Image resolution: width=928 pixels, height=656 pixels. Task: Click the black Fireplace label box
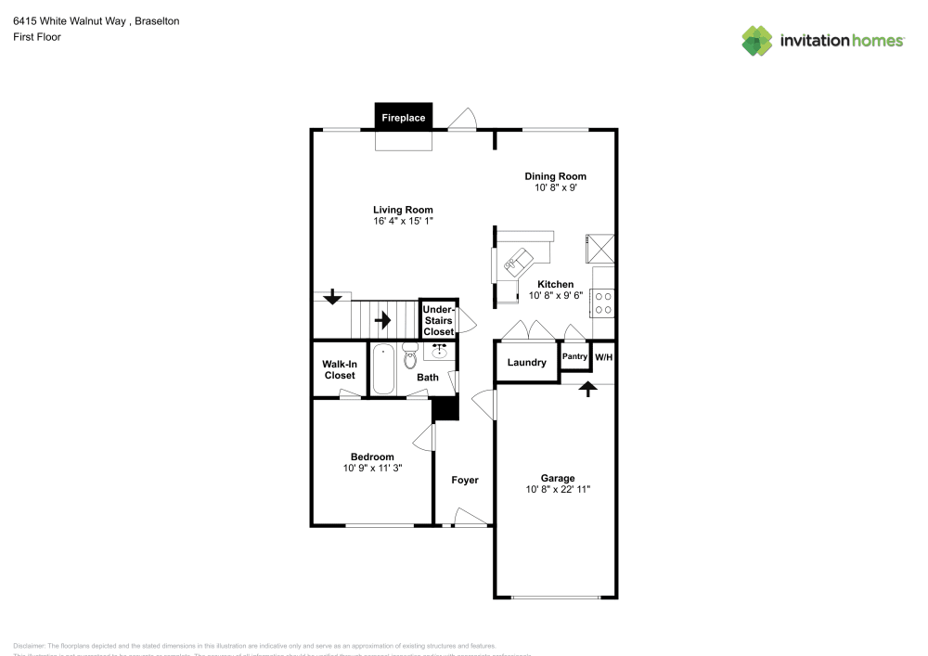tap(404, 118)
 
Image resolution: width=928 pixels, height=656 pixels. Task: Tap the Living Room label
tap(403, 210)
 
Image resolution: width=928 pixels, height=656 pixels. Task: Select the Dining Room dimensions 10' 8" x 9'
tap(555, 187)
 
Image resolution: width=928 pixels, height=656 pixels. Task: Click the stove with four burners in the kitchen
tap(602, 302)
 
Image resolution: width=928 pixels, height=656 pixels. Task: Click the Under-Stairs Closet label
tap(439, 320)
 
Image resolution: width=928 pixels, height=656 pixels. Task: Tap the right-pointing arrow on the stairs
tap(381, 321)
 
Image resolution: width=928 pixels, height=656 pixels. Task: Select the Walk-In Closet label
tap(339, 370)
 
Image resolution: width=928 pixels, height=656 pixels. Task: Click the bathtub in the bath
tap(383, 370)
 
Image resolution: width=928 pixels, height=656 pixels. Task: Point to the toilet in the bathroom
tap(410, 355)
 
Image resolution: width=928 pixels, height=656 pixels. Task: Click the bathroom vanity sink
tap(440, 352)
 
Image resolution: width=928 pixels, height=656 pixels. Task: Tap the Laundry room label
tap(526, 362)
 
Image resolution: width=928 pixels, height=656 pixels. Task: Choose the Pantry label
tap(574, 356)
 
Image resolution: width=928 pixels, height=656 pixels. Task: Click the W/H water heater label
tap(603, 357)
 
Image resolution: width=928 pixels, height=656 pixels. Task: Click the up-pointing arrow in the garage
tap(586, 389)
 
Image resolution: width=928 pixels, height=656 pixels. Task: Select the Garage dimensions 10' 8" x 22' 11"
tap(557, 490)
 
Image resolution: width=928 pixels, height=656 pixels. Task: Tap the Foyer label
tap(465, 480)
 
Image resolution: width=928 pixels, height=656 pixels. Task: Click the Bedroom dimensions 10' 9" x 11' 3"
tap(372, 469)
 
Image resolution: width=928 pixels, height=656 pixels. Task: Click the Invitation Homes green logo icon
tap(756, 40)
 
